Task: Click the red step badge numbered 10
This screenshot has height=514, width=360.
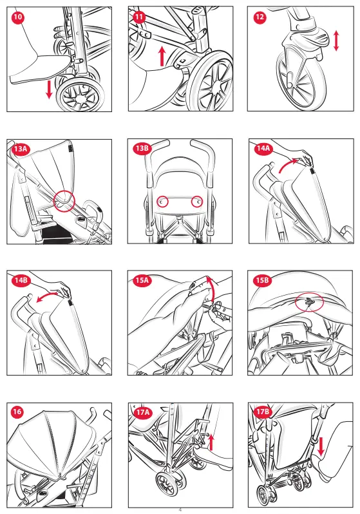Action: (x=18, y=17)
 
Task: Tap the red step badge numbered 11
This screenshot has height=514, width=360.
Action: (x=139, y=17)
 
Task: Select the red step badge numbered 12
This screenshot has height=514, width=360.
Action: (x=260, y=17)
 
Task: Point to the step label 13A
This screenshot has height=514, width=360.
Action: (x=21, y=149)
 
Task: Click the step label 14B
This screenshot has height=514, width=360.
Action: (x=21, y=281)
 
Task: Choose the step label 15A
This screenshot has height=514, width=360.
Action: (x=142, y=280)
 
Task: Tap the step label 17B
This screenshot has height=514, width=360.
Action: (x=263, y=412)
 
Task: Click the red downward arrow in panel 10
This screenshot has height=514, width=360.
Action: (x=49, y=90)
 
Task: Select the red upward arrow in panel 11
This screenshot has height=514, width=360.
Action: (x=162, y=56)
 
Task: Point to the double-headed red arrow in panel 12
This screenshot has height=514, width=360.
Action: (x=336, y=41)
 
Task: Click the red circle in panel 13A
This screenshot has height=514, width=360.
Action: (x=64, y=200)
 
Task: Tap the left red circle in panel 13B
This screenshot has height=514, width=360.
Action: (x=163, y=202)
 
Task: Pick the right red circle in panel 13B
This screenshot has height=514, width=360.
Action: (x=197, y=202)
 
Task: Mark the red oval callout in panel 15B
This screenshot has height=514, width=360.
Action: (x=309, y=303)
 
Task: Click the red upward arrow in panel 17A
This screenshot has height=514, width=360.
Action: (x=211, y=442)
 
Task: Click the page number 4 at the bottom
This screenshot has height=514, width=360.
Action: (x=180, y=509)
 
